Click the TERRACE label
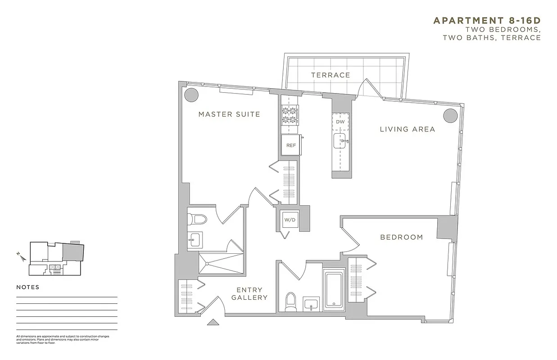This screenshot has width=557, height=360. click(331, 75)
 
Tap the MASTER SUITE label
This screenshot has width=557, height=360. click(229, 114)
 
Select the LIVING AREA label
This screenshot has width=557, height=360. click(407, 129)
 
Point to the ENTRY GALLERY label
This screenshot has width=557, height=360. click(250, 294)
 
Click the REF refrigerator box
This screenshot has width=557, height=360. click(291, 145)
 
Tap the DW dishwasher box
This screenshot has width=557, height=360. click(340, 122)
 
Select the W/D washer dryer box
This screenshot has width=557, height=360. click(288, 220)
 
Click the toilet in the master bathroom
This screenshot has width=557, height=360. click(197, 220)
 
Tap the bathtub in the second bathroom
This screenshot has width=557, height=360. click(335, 288)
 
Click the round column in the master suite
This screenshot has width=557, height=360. click(191, 95)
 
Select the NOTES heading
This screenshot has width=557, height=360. click(28, 287)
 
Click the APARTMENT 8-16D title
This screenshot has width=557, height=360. click(487, 21)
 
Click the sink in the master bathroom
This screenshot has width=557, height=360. click(195, 240)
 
